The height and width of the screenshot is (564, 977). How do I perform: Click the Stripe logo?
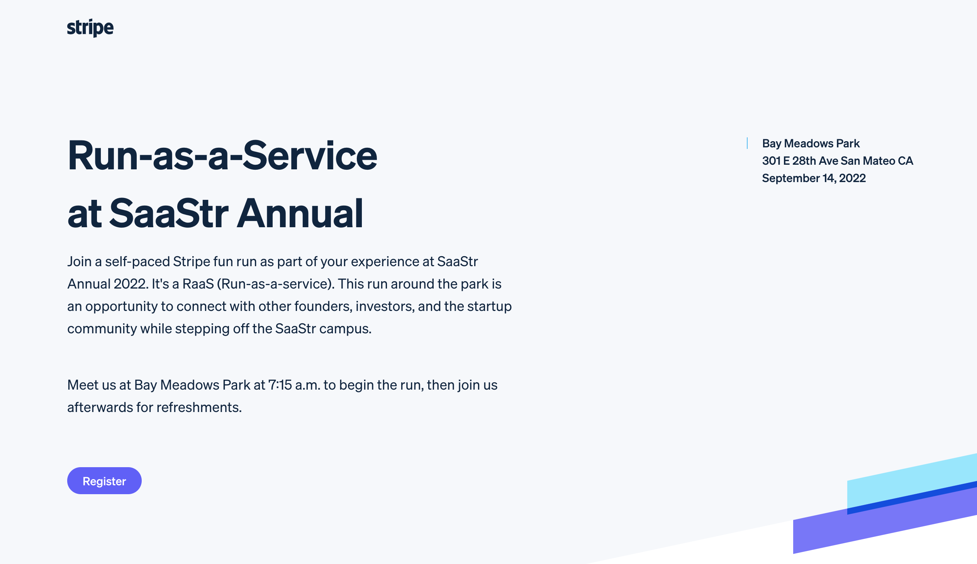[x=90, y=28]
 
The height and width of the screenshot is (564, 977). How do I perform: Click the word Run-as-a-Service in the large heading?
[x=222, y=155]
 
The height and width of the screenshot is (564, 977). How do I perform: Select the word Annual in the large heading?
[x=300, y=213]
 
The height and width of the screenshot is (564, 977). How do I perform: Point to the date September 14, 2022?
[x=814, y=178]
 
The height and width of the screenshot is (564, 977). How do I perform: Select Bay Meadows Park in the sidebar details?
[x=811, y=144]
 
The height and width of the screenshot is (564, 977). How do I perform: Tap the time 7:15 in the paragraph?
[x=280, y=385]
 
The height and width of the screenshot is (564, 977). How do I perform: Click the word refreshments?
[x=199, y=407]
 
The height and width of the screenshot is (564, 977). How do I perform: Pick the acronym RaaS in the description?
[x=198, y=284]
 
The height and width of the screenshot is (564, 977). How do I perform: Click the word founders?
[x=323, y=306]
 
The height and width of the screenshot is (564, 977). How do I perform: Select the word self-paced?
[x=137, y=262]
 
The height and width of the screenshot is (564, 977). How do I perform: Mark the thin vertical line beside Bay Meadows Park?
[x=747, y=144]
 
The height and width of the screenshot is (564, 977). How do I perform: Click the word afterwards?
[x=100, y=407]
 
